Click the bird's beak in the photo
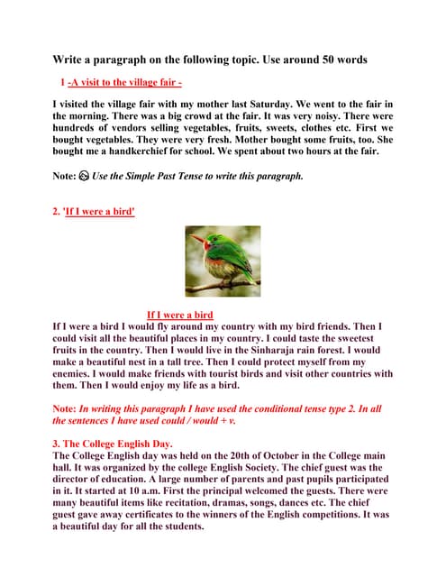pyautogui.click(x=194, y=239)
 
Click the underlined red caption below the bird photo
pyautogui.click(x=179, y=315)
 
